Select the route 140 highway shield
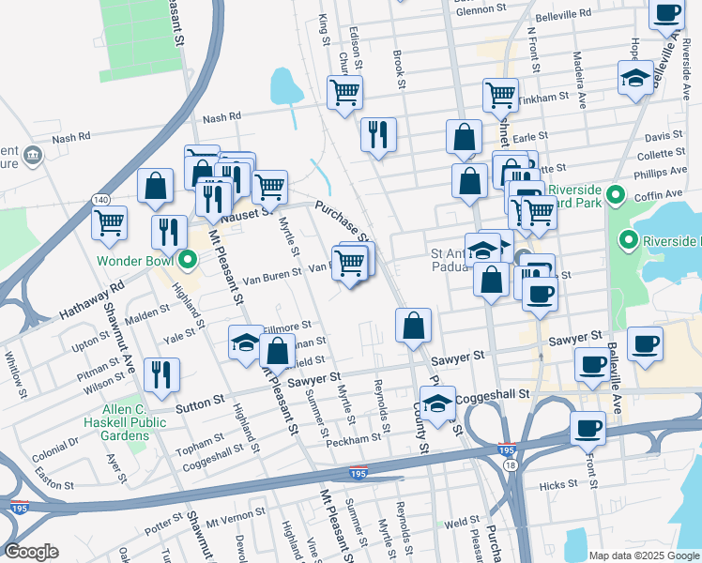pyautogui.click(x=99, y=199)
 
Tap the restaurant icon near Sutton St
pyautogui.click(x=161, y=375)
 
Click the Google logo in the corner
pyautogui.click(x=31, y=552)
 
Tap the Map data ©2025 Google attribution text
pyautogui.click(x=644, y=555)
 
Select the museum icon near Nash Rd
pyautogui.click(x=33, y=155)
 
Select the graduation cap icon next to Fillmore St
pyautogui.click(x=245, y=342)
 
